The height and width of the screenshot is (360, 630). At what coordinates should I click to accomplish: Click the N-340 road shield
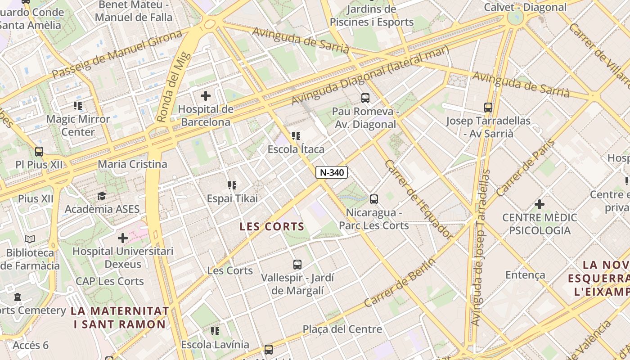[x=332, y=172]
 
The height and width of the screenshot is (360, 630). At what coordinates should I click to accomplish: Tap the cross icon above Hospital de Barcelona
[x=206, y=96]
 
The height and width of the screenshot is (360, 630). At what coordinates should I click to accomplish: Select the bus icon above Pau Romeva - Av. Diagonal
[x=365, y=98]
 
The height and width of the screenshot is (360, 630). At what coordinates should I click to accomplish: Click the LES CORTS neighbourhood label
[x=272, y=226]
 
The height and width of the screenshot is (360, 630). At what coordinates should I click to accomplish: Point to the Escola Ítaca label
[x=296, y=149]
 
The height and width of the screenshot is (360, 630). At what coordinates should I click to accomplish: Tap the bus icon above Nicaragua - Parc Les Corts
[x=373, y=199]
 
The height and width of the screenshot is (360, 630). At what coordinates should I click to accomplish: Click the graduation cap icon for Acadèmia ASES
[x=102, y=196]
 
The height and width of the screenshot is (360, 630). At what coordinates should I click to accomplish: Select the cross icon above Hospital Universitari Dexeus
[x=123, y=238]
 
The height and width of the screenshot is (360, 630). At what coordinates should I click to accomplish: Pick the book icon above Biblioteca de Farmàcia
[x=30, y=239]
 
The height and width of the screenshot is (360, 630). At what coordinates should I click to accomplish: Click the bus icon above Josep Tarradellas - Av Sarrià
[x=488, y=108]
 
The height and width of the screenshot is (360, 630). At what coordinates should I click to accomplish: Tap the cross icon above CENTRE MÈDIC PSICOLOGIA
[x=540, y=205]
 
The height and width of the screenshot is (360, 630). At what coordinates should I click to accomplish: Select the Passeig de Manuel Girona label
[x=117, y=54]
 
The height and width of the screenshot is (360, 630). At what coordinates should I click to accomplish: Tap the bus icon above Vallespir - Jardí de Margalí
[x=297, y=265]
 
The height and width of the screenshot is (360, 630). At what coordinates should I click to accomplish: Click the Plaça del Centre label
[x=342, y=329]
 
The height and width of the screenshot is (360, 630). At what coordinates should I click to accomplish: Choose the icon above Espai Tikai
[x=232, y=185]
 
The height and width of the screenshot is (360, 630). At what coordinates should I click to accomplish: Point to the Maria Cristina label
[x=132, y=164]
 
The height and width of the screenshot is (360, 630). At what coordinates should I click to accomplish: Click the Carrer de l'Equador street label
[x=418, y=199]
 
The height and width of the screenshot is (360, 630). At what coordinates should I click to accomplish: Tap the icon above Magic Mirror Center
[x=78, y=106]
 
